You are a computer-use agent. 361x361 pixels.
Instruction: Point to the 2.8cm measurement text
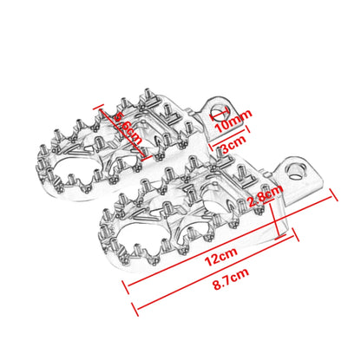pyautogui.click(x=264, y=200)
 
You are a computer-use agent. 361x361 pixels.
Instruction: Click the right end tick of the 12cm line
pyautogui.click(x=333, y=200)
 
